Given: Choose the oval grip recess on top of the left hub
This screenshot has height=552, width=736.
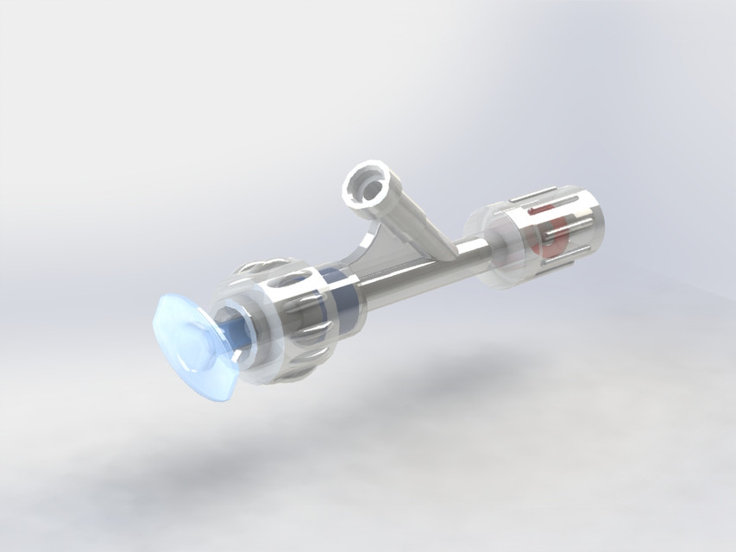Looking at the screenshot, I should click(298, 280).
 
